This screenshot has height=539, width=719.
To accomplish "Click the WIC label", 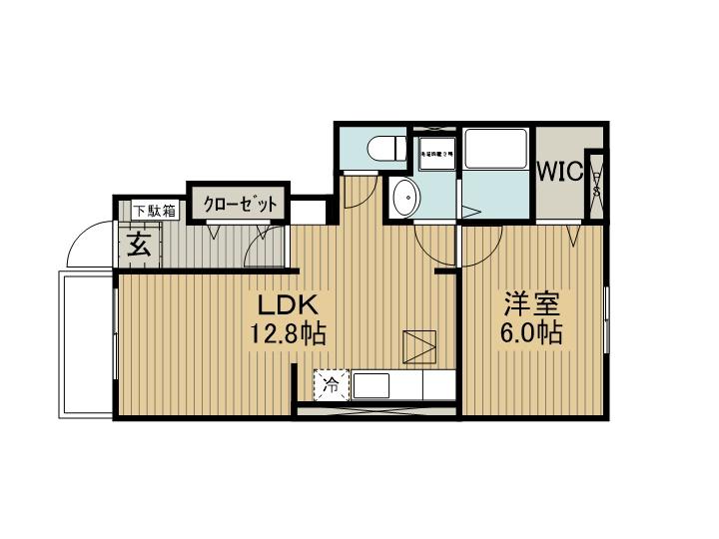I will click(x=559, y=172).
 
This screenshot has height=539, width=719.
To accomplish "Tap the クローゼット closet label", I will click(x=240, y=204).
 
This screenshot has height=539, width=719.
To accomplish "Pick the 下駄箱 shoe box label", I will click(x=156, y=211).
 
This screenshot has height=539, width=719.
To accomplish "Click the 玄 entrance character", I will click(x=139, y=246).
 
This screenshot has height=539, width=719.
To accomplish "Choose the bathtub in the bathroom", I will click(x=496, y=150).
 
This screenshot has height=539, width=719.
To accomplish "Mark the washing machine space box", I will click(x=436, y=155).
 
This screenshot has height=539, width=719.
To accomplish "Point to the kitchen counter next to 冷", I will click(x=399, y=385).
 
